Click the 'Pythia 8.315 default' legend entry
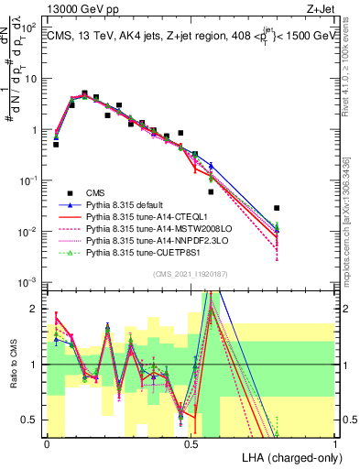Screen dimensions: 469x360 point(131,203)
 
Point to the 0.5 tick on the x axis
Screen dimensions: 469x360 point(191,442)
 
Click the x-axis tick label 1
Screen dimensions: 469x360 point(335,442)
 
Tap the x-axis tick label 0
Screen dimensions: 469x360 point(47,442)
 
